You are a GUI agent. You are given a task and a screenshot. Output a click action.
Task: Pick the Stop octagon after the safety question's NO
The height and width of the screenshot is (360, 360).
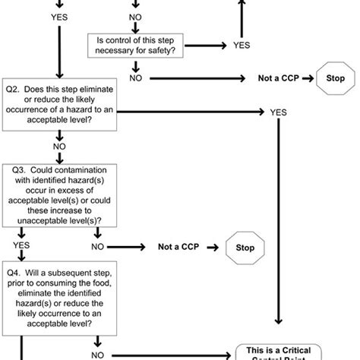[334, 78]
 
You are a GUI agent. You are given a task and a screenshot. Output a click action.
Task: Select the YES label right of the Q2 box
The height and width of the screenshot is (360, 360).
[278, 112]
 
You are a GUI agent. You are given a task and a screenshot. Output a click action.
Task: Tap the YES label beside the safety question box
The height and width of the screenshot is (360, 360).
[242, 46]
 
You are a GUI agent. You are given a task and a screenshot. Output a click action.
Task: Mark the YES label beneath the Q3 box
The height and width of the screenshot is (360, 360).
[21, 247]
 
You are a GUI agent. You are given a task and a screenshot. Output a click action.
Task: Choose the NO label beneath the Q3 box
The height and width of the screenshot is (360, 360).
[99, 247]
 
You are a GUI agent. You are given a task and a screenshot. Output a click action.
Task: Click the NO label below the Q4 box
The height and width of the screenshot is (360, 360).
[99, 353]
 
